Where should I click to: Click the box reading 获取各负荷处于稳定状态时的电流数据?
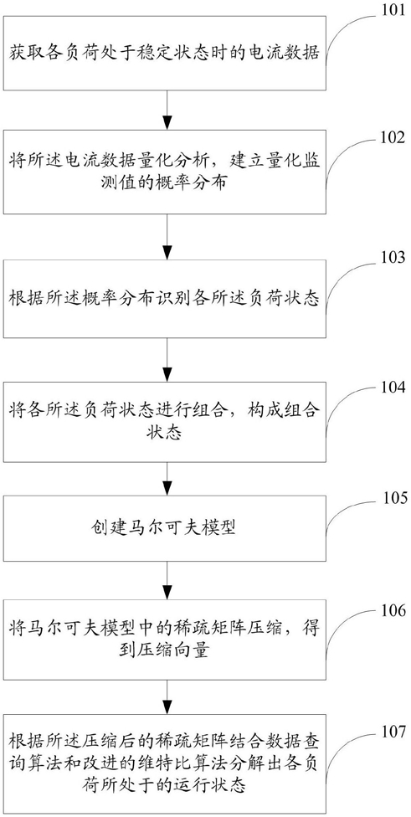165,53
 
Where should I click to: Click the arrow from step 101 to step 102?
167,110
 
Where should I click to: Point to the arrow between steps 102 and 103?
167,240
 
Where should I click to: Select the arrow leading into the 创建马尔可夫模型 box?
167,479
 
